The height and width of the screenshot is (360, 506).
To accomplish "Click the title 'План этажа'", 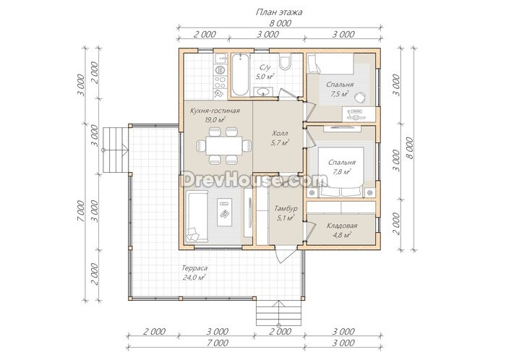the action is point(279,12).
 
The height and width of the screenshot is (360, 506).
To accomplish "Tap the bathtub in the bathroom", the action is point(241,75).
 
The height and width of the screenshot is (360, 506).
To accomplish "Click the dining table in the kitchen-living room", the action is point(224,146).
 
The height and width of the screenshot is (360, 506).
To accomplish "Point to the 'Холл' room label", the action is point(280,133).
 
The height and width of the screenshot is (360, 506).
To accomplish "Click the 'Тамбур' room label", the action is point(286,208).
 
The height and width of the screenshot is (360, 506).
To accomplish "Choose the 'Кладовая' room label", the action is point(342,226).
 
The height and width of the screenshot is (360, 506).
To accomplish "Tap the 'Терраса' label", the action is point(194,268).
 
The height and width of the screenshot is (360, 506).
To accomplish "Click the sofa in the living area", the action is point(197,216).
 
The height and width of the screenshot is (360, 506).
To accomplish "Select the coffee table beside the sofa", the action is point(224,213).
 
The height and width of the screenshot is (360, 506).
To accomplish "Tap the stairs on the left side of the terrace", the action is point(116,150).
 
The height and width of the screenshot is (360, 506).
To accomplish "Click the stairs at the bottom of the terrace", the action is point(280,313).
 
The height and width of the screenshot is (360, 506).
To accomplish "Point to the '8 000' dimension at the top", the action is point(280,23).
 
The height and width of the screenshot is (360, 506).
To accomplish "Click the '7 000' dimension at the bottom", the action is point(218,343).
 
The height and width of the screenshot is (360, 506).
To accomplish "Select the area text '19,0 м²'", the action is point(215,120).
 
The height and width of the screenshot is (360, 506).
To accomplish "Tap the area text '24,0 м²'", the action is point(194,277).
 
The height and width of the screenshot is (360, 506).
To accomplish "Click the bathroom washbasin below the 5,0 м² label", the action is point(264,92).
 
